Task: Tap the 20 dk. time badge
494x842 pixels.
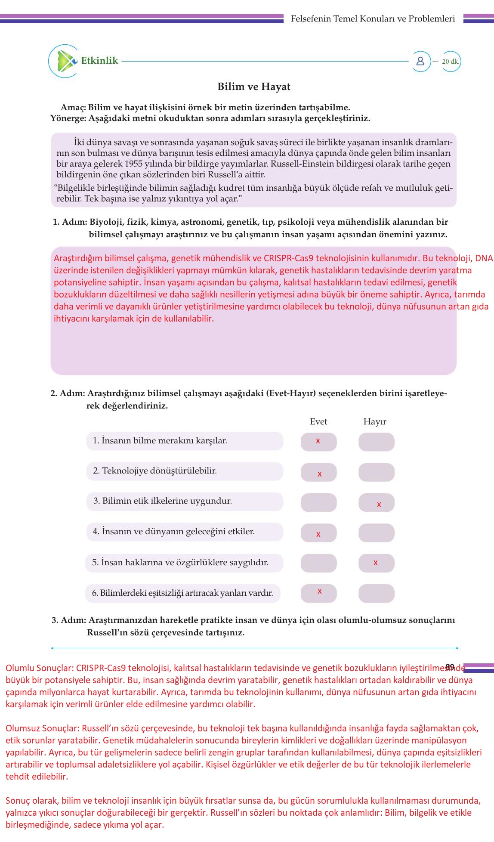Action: pos(451,62)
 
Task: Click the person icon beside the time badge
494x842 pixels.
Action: pos(420,61)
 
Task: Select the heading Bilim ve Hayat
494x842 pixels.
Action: pos(254,87)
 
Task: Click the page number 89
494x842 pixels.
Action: pos(450,667)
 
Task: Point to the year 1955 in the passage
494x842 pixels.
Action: pos(133,164)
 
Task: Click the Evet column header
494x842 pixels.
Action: pos(318,421)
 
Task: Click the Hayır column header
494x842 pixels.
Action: pos(375,421)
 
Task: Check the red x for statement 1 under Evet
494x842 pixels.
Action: pos(318,441)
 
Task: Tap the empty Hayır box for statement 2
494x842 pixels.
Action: pos(377,472)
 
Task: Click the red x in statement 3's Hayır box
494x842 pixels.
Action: pos(379,504)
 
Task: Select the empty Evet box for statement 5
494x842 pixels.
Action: pos(318,563)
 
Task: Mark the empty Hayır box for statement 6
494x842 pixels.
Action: pos(377,593)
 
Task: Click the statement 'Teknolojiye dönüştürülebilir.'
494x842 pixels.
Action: pos(155,471)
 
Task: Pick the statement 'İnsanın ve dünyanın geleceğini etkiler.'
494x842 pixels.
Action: pos(174,532)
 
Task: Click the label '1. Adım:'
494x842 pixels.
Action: pos(70,222)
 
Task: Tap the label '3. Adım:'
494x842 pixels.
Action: pos(69,620)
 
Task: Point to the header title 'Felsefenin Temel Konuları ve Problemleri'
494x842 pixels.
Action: pos(373,19)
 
